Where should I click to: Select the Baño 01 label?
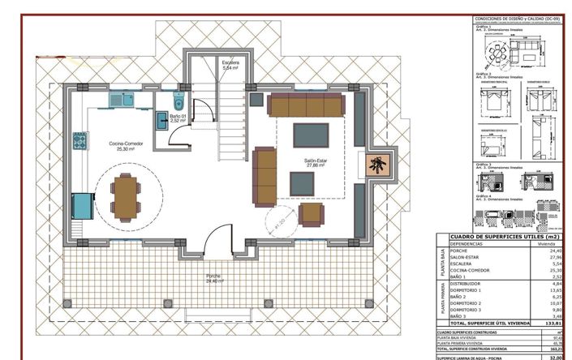pyautogui.click(x=178, y=118)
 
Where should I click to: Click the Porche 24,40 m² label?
pyautogui.click(x=213, y=278)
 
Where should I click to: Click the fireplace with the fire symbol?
pyautogui.click(x=376, y=165)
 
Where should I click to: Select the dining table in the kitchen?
pyautogui.click(x=126, y=195)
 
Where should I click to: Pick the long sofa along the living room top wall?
pyautogui.click(x=307, y=105)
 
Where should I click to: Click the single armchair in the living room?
pyautogui.click(x=312, y=214)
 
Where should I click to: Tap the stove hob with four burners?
pyautogui.click(x=80, y=142)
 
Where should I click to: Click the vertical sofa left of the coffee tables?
pyautogui.click(x=264, y=176)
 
